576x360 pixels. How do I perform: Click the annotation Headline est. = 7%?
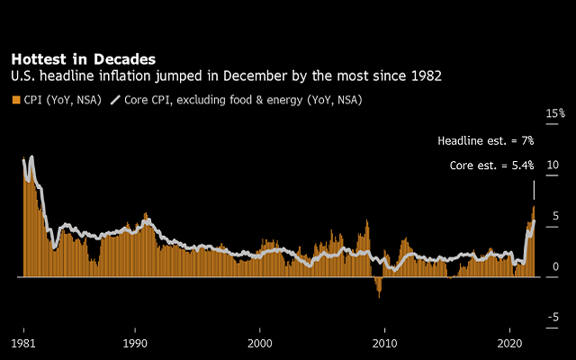pos(485,141)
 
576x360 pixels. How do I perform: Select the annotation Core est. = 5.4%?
pos(491,166)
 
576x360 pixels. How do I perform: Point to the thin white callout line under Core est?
pos(534,189)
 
